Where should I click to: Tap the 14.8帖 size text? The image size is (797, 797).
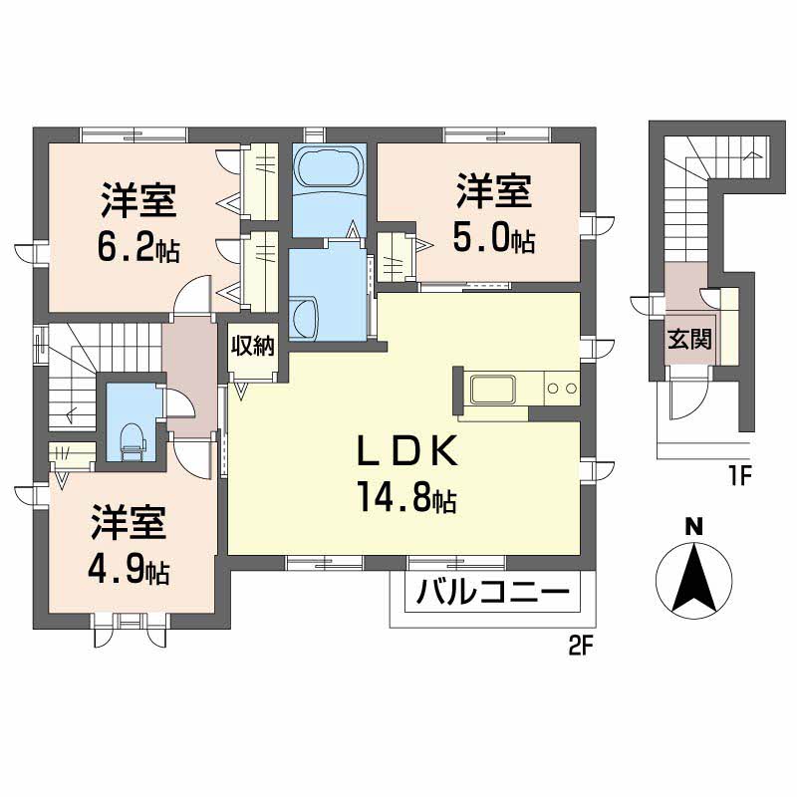pyautogui.click(x=403, y=496)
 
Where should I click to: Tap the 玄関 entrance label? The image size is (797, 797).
pyautogui.click(x=689, y=340)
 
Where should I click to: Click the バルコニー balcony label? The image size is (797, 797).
pyautogui.click(x=492, y=595)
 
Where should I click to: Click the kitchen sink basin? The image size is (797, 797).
pyautogui.click(x=490, y=389)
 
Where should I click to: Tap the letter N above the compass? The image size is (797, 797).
pyautogui.click(x=693, y=526)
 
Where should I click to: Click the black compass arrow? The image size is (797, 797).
pyautogui.click(x=693, y=577)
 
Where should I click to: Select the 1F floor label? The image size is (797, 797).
pyautogui.click(x=737, y=476)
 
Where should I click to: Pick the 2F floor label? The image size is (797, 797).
pyautogui.click(x=581, y=646)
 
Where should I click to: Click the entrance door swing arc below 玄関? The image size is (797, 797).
pyautogui.click(x=687, y=403)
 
